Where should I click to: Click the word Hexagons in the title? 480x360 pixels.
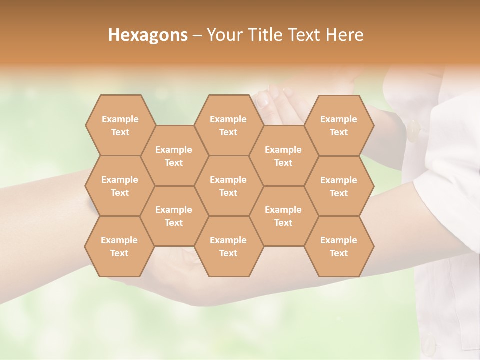(x=148, y=35)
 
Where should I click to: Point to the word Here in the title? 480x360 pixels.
(x=344, y=35)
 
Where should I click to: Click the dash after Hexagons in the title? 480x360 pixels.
(x=197, y=35)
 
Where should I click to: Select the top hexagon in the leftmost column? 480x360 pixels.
(x=120, y=125)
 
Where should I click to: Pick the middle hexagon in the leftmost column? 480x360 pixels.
(x=120, y=186)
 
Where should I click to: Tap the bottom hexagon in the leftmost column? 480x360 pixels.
(x=119, y=246)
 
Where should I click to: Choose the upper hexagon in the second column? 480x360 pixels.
(x=174, y=156)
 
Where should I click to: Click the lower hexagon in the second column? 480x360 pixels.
(x=174, y=216)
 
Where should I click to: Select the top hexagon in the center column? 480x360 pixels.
(x=228, y=125)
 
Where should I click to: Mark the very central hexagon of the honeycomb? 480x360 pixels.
(x=228, y=186)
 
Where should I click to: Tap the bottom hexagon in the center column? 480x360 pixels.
(x=228, y=246)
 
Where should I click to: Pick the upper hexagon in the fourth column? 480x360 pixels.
(x=283, y=156)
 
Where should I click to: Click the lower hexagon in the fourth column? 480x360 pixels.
(x=283, y=216)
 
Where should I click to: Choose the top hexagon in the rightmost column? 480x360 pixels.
(x=339, y=125)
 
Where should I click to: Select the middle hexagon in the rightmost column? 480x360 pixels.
(x=339, y=186)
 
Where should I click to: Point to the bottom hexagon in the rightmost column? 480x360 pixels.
(x=339, y=246)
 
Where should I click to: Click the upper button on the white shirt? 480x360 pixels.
(x=414, y=131)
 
